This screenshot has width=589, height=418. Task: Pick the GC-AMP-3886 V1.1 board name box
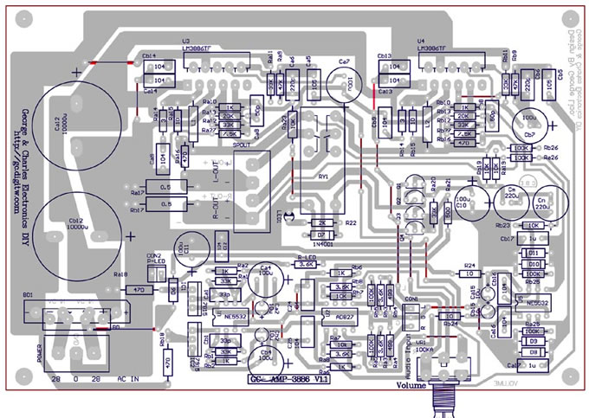(x=282, y=378)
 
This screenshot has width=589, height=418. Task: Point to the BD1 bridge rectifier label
(x=28, y=296)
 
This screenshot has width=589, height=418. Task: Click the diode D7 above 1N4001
(x=320, y=235)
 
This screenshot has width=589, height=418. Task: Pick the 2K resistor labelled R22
(x=320, y=222)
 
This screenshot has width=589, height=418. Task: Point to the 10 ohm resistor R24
(x=470, y=273)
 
